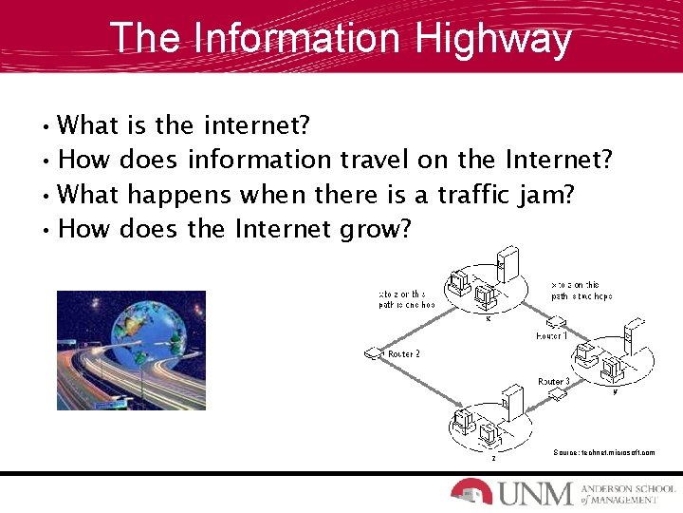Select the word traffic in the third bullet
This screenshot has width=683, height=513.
point(472,195)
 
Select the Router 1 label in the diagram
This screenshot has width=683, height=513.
point(552,335)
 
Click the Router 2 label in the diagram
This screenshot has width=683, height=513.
point(403,353)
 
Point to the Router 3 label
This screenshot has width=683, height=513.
point(553,381)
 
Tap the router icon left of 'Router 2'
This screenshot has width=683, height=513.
point(372,354)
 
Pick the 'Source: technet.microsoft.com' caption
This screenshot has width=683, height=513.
point(603,452)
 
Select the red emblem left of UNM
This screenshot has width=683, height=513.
point(471,491)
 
